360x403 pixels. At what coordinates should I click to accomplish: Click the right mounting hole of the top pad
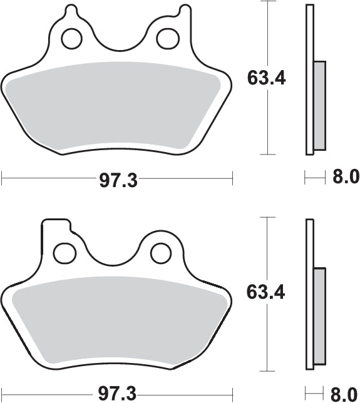[x=167, y=38]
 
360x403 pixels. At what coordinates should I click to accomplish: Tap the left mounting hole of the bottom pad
[x=63, y=253]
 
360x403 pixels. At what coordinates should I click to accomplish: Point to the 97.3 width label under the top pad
[x=118, y=181]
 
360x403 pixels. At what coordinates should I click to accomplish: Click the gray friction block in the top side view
[x=319, y=105]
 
